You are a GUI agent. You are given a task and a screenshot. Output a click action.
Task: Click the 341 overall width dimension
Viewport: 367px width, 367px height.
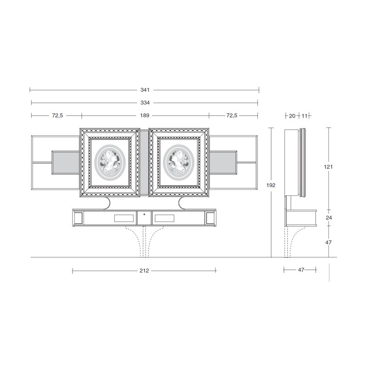[x=145, y=90]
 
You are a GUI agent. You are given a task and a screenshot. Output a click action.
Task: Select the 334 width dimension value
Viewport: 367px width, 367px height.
[x=145, y=103]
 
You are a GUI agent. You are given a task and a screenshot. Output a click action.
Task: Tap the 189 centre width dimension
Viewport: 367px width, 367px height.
[x=145, y=116]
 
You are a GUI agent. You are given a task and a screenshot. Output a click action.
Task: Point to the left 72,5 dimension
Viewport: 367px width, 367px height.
[x=58, y=116]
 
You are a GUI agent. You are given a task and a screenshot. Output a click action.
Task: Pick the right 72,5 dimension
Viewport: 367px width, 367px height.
[x=232, y=116]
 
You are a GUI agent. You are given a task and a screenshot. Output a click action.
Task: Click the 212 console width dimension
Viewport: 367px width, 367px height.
[x=144, y=271]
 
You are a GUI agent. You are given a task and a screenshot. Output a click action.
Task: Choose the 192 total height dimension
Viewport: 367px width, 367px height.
[x=271, y=185]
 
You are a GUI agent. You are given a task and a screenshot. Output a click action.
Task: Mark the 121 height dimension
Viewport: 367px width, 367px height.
[x=328, y=167]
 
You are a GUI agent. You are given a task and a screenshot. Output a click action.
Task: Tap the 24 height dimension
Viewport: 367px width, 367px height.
[x=329, y=217]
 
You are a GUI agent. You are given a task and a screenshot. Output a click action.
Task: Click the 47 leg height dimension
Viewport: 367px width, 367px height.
[x=328, y=243]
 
